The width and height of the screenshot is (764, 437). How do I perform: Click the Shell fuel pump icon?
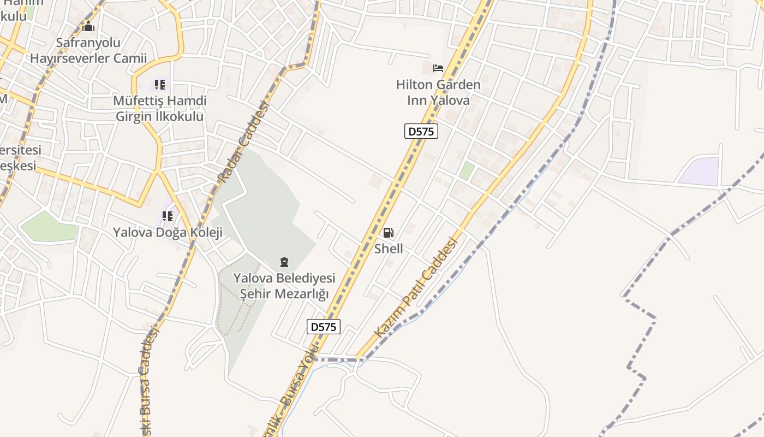388,233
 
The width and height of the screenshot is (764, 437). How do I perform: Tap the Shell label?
389,249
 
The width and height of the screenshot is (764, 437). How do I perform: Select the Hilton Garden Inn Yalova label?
438,92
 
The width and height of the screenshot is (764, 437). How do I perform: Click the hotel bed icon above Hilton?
438,68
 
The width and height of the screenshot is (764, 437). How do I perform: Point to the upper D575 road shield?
421,131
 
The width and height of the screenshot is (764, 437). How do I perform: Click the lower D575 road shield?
324,327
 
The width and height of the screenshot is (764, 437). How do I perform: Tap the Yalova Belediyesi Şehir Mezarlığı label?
284,286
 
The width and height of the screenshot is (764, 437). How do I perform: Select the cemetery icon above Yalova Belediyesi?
284,262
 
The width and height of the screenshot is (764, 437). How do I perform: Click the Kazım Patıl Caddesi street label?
415,287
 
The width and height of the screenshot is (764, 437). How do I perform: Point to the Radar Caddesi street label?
244,142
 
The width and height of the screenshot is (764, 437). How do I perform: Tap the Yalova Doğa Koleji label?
168,233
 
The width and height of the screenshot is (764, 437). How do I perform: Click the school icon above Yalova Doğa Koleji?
168,216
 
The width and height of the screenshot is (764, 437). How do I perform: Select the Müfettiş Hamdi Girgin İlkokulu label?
160,109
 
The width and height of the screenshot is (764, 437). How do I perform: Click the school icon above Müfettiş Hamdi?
159,85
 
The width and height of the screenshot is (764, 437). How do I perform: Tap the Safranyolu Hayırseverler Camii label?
88,50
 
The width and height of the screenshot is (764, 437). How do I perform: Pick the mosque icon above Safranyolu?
88,26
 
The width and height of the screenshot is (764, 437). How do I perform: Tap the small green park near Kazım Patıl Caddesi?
467,170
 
